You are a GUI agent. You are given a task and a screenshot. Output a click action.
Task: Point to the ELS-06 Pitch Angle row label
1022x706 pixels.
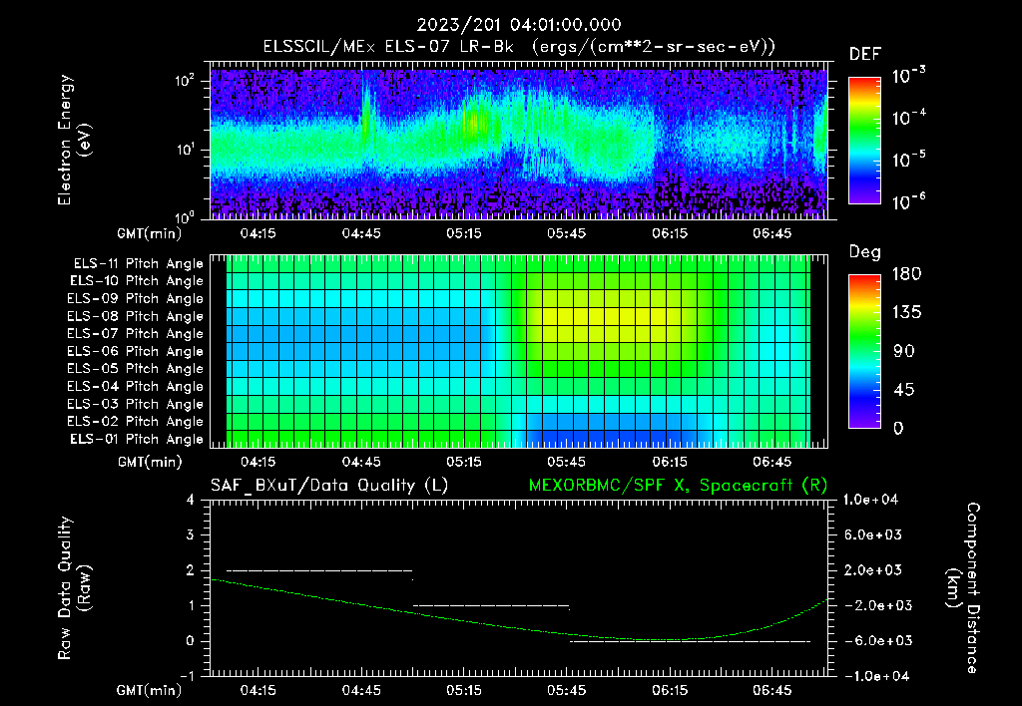click(x=135, y=351)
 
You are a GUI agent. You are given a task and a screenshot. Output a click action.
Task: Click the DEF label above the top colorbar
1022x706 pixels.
click(x=864, y=54)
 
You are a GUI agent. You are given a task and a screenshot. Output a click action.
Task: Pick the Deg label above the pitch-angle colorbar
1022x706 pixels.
click(x=864, y=252)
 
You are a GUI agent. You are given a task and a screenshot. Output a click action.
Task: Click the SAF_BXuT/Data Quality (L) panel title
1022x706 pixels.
click(x=328, y=485)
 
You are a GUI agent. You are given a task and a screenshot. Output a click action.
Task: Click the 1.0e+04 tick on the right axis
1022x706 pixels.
click(x=874, y=500)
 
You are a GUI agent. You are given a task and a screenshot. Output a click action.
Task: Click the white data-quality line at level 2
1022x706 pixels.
click(x=319, y=570)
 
